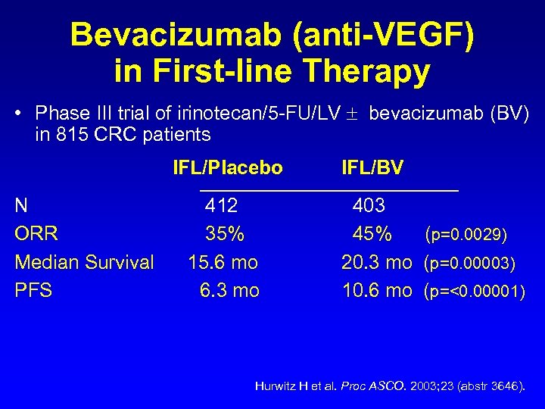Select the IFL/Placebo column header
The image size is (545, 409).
(x=228, y=167)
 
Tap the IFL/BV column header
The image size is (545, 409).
(x=372, y=167)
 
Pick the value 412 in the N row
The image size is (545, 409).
(x=221, y=205)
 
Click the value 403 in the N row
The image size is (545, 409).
(x=369, y=205)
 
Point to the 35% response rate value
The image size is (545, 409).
(x=225, y=234)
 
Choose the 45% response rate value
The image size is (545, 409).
(x=372, y=234)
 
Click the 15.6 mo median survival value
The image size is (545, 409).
(x=223, y=262)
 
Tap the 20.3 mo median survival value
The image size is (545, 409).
(x=377, y=262)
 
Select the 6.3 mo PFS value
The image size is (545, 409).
(x=229, y=290)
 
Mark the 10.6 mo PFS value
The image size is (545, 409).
(x=377, y=290)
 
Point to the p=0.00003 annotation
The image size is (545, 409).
(x=470, y=263)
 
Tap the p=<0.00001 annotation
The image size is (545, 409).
(x=474, y=291)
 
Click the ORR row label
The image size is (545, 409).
(x=36, y=234)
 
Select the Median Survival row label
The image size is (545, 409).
(x=84, y=262)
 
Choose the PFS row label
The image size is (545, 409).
(x=33, y=290)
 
